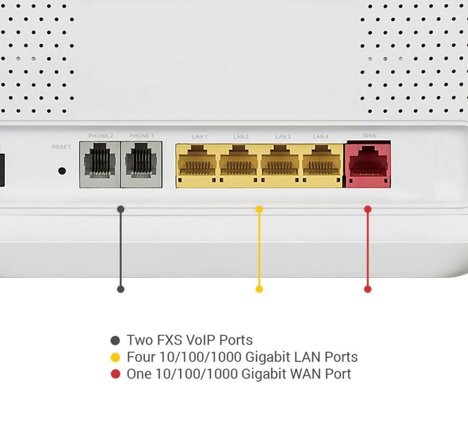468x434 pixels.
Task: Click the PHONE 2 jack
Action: (100, 164)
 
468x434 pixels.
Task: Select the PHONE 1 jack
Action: (142, 164)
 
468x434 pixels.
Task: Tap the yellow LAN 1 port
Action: (197, 166)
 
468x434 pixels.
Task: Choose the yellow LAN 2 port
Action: (239, 166)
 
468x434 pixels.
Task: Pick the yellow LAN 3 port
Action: (280, 166)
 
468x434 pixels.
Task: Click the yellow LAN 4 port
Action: (322, 166)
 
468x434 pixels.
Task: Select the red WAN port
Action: (368, 165)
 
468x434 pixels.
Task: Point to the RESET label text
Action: (61, 147)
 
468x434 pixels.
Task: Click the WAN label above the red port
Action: (370, 136)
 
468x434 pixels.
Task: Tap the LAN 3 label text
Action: (283, 137)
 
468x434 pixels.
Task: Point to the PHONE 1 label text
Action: (142, 136)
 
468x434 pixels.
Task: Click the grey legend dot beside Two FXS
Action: (115, 340)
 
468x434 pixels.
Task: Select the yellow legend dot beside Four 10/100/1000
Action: (115, 357)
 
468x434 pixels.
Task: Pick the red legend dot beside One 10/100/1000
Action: (115, 374)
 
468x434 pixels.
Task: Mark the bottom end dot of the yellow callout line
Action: (259, 289)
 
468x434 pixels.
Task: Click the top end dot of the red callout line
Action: (368, 209)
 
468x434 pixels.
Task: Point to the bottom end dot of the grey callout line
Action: (121, 289)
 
